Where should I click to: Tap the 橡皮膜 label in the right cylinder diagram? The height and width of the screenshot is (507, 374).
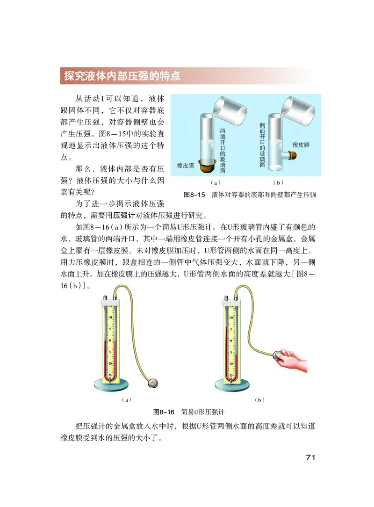coord(301,145)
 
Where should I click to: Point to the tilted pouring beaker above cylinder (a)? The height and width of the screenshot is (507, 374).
coord(229,108)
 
